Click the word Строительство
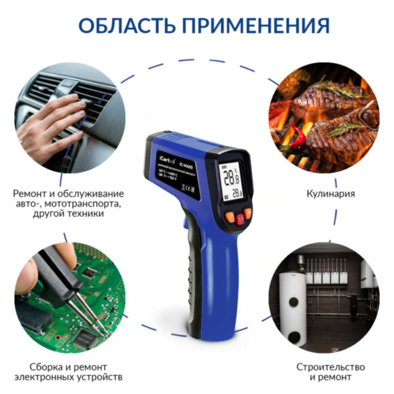pos(325,366)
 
